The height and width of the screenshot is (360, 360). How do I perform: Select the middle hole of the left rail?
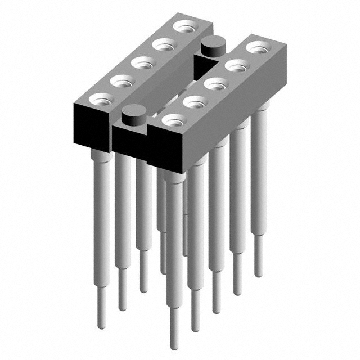click(x=143, y=63)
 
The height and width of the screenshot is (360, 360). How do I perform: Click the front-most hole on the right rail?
click(x=174, y=120)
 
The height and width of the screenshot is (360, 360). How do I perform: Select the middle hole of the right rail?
click(x=215, y=84)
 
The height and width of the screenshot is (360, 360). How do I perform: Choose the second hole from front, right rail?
click(x=194, y=102)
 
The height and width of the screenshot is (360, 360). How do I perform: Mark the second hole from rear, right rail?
click(x=236, y=65)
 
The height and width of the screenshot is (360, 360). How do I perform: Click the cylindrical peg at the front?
click(x=134, y=114)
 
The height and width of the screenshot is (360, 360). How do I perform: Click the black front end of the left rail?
click(x=89, y=125)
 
